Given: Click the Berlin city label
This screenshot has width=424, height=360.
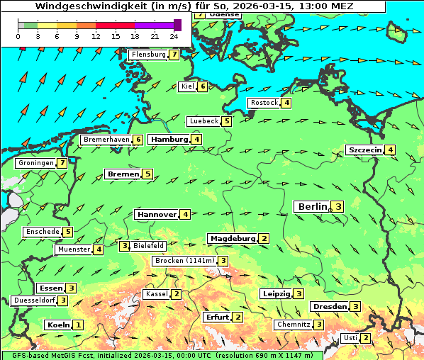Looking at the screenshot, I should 312,207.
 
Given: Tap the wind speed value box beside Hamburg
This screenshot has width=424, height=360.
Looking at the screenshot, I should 196,140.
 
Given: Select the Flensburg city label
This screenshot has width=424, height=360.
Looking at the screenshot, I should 147,55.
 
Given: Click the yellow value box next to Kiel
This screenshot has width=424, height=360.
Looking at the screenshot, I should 203,86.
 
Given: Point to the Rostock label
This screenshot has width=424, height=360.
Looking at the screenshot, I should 264,103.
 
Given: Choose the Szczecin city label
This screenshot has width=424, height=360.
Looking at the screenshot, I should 364,150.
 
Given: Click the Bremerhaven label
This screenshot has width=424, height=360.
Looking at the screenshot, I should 106,140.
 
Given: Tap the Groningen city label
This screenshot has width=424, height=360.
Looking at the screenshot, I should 36,163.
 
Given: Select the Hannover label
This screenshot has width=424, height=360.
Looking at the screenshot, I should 157,214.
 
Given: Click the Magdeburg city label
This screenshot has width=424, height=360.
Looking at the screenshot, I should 232,238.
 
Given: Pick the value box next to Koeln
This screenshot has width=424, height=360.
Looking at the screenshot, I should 78,325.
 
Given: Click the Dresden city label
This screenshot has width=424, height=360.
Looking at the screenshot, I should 329,306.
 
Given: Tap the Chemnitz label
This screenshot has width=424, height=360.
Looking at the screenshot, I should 294,325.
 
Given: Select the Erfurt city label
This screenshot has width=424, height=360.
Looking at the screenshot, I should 217,317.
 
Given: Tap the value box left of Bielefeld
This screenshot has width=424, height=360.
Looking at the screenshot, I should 125,246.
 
